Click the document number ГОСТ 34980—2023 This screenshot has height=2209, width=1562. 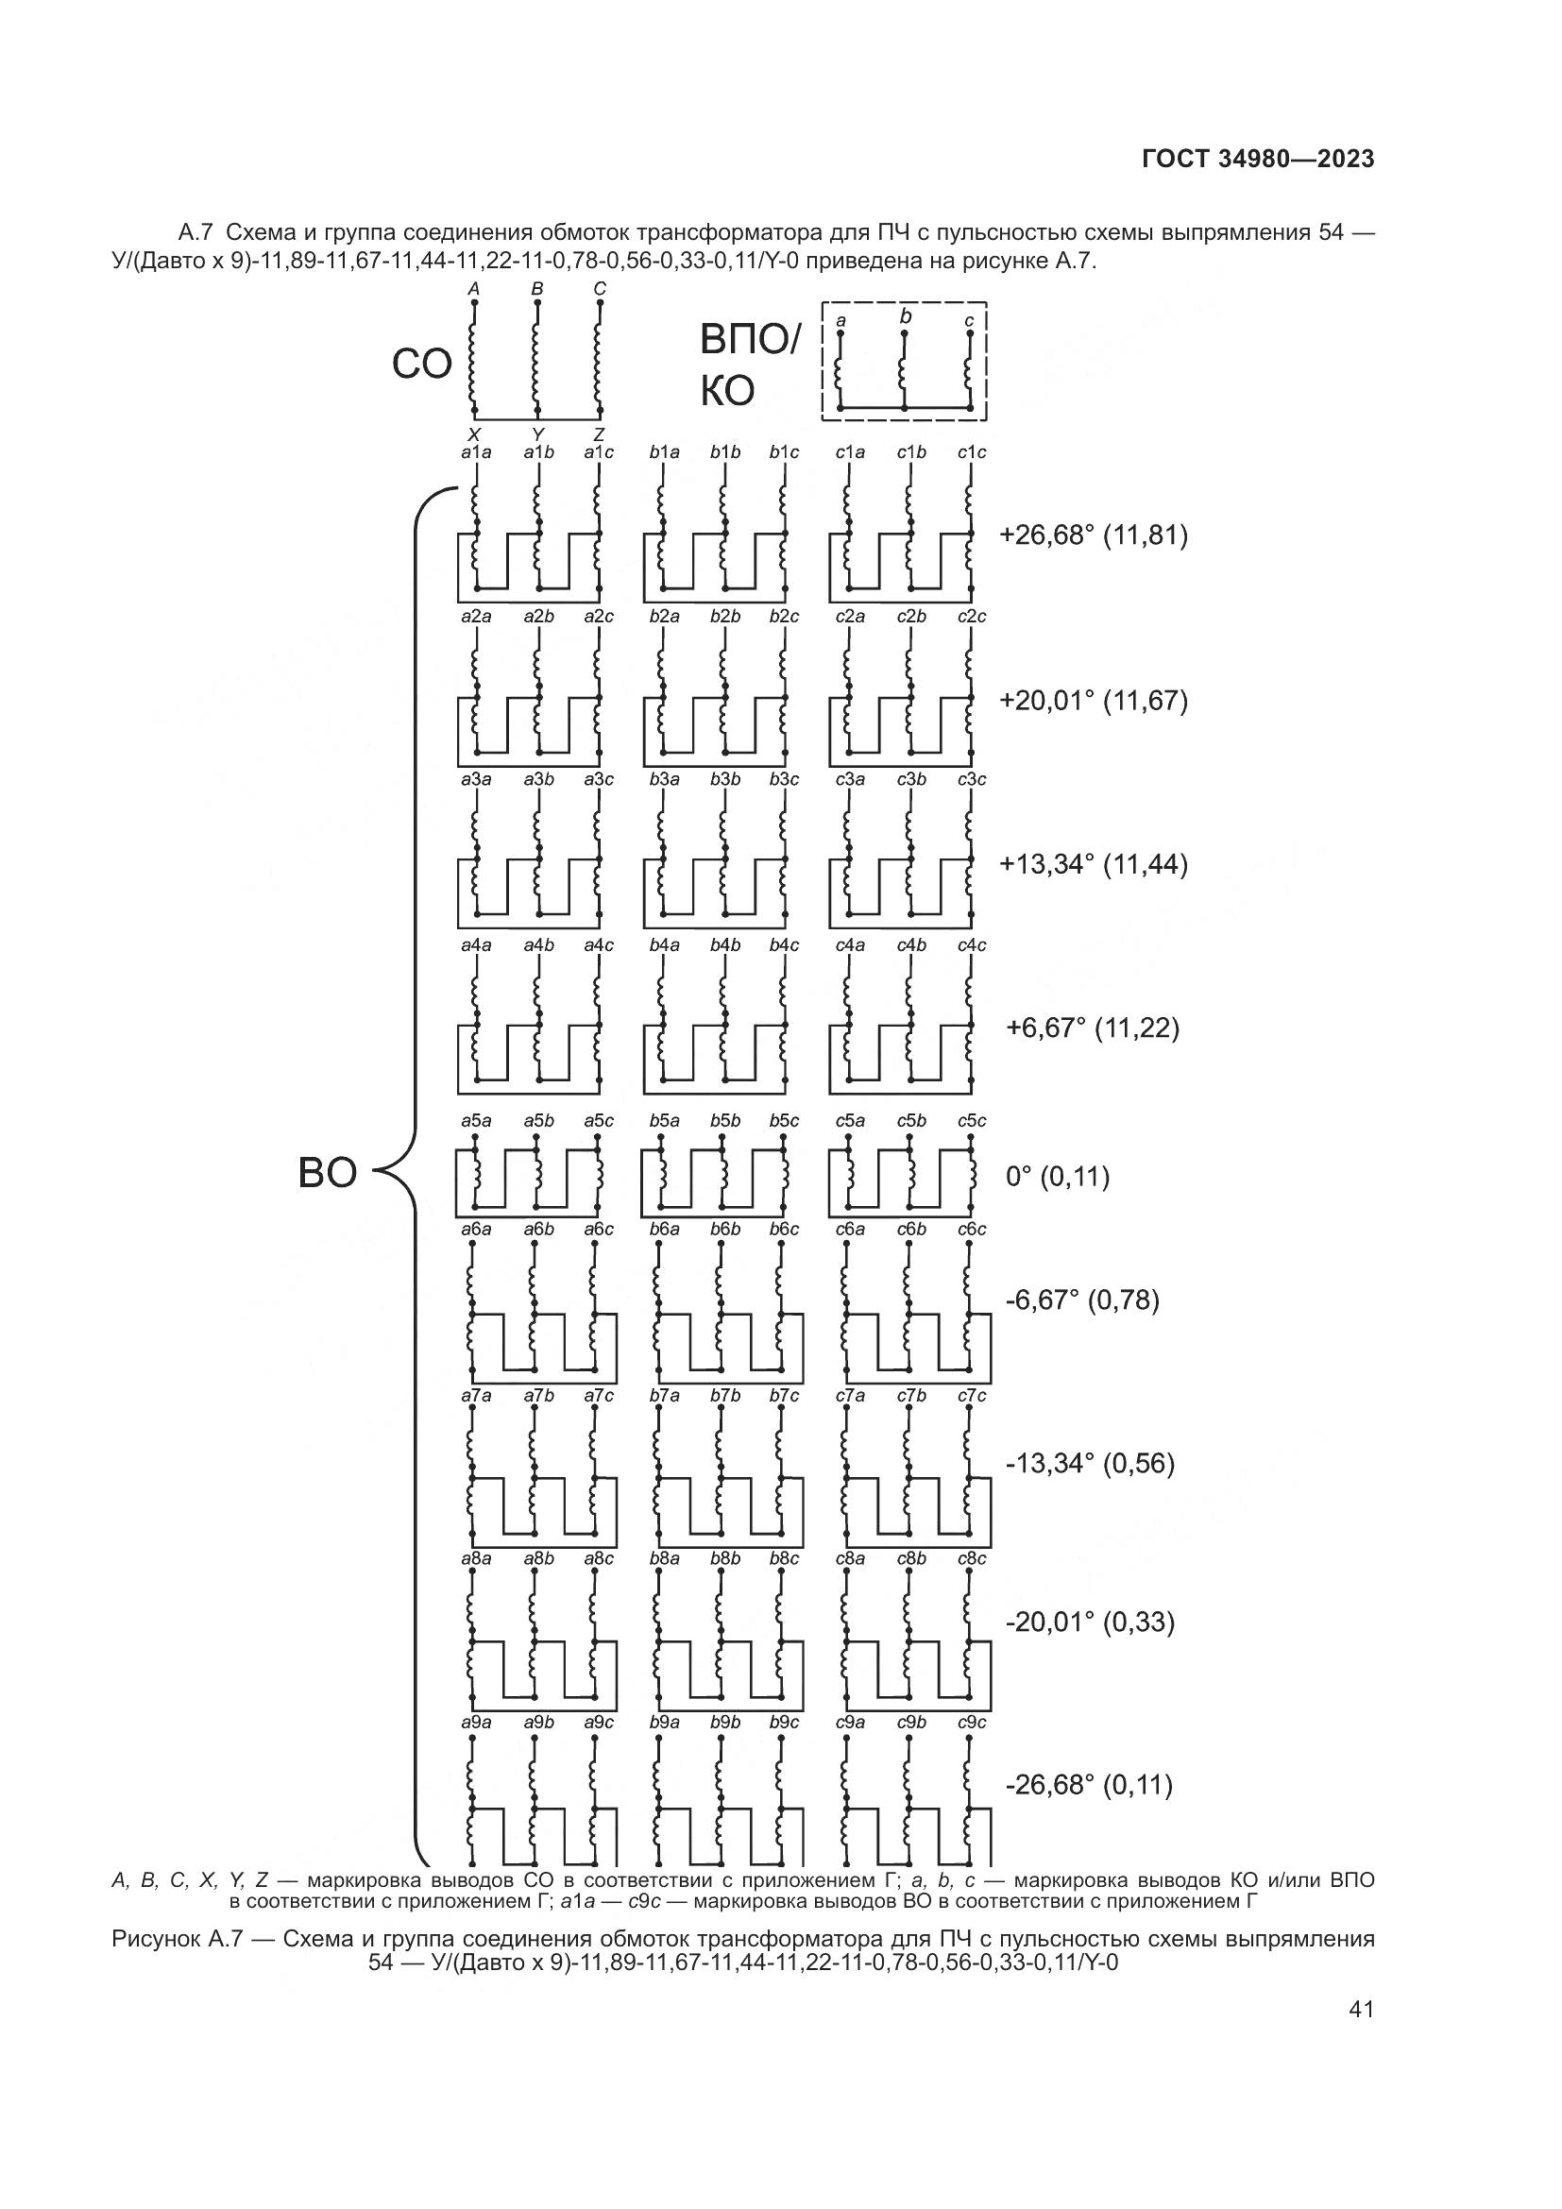pyautogui.click(x=1257, y=160)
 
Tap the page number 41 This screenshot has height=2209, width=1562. pyautogui.click(x=1361, y=2010)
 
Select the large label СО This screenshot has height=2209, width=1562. pyautogui.click(x=421, y=365)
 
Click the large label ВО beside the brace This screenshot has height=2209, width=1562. pyautogui.click(x=327, y=1174)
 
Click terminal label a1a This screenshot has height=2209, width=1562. pyautogui.click(x=476, y=452)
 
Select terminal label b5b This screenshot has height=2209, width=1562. pyautogui.click(x=725, y=1121)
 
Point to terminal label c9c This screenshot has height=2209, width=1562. pyautogui.click(x=972, y=1723)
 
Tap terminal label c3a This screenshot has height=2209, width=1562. pyautogui.click(x=850, y=780)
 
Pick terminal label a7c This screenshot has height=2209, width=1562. pyautogui.click(x=598, y=1396)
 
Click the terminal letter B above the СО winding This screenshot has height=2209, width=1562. pyautogui.click(x=537, y=289)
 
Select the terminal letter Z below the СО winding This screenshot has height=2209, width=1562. pyautogui.click(x=600, y=434)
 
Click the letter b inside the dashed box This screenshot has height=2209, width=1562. pyautogui.click(x=905, y=315)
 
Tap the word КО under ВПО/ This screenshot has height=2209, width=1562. pyautogui.click(x=727, y=392)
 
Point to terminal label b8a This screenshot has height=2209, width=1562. pyautogui.click(x=665, y=1558)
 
